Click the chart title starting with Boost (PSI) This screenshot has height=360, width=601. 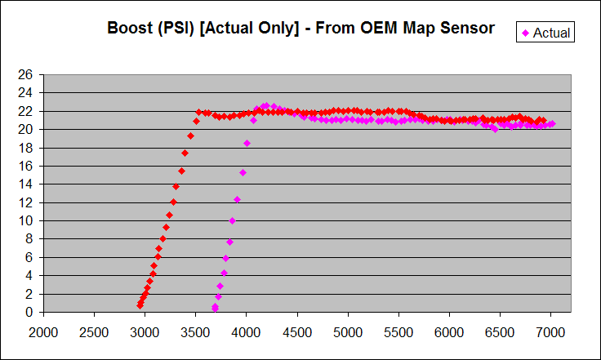coord(300,28)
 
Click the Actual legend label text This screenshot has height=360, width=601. coord(552,33)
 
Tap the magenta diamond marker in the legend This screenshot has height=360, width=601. coord(526,33)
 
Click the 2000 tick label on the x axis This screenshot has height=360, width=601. coord(43,332)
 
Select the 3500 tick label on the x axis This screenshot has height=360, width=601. coord(195,332)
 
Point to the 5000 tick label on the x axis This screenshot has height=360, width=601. coord(348,332)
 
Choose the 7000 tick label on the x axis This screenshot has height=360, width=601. coord(550,332)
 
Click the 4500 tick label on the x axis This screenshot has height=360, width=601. coord(297,332)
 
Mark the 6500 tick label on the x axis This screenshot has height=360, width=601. coord(500,332)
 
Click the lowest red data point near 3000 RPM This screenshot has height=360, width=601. coord(140,305)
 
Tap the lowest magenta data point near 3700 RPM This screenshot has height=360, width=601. coord(215,309)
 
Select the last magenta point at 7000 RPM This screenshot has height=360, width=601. coord(552,124)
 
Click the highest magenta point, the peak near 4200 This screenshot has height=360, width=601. coord(265,105)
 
